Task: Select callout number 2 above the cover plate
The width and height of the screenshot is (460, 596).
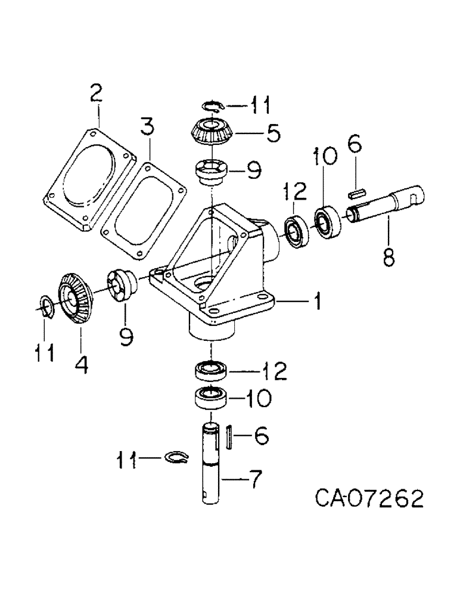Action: [x=95, y=93]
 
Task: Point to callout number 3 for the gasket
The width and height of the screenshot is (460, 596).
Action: [x=147, y=126]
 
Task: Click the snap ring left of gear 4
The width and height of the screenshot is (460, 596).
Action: [x=45, y=306]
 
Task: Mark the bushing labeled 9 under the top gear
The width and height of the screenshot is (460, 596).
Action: [x=212, y=171]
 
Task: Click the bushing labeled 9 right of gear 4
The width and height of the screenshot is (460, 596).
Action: [x=122, y=284]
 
